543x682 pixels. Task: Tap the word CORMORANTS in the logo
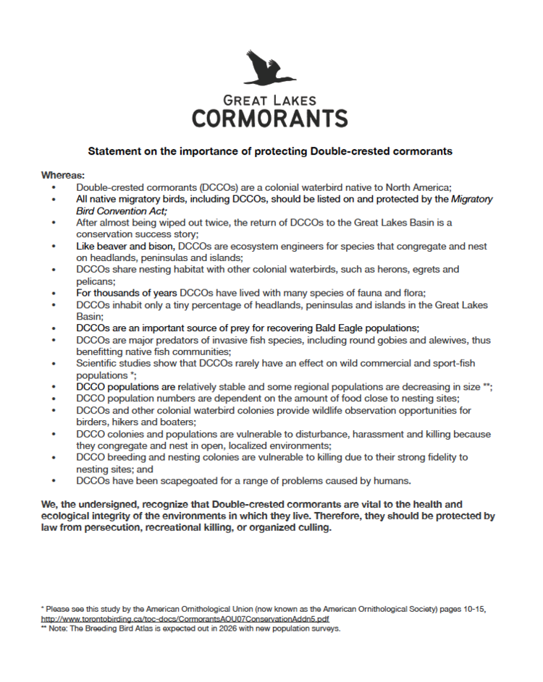tap(270, 117)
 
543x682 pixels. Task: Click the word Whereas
tap(62, 176)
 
